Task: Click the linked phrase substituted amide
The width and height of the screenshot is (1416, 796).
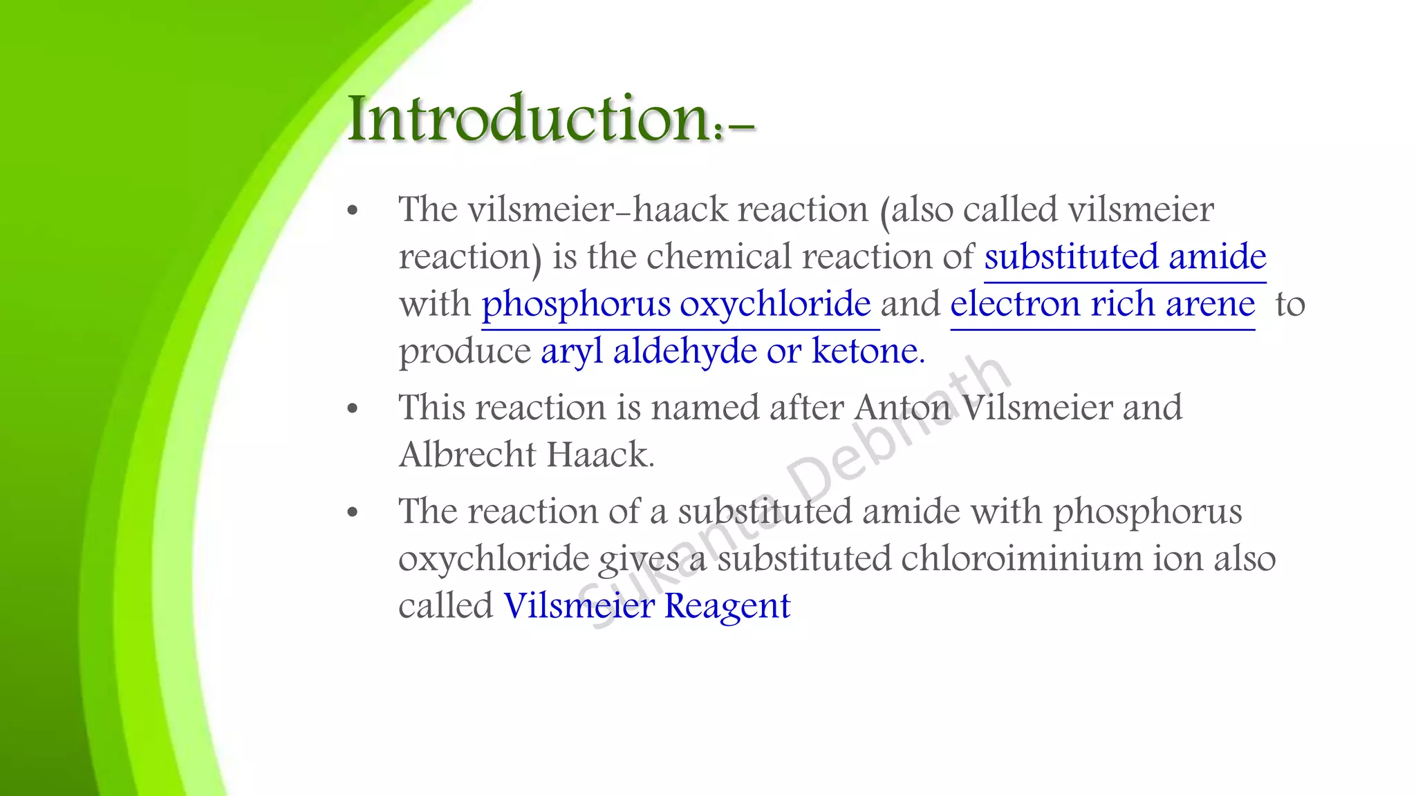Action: tap(1125, 257)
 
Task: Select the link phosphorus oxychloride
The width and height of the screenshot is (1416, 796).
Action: tap(676, 304)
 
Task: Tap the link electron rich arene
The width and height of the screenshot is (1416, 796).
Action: tap(1102, 304)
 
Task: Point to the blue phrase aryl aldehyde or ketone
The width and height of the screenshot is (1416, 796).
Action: tap(732, 351)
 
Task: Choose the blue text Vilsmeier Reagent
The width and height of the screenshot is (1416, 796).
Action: tap(646, 606)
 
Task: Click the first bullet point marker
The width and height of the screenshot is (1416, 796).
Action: tap(353, 211)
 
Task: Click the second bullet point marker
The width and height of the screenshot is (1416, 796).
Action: tap(353, 408)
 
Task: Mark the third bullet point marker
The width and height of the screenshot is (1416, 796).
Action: tap(353, 513)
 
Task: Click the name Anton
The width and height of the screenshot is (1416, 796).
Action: tap(903, 408)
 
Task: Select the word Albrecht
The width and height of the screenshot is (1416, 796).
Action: tap(467, 455)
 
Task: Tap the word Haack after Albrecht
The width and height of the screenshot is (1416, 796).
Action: tap(599, 455)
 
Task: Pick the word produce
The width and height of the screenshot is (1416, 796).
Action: tap(465, 352)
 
